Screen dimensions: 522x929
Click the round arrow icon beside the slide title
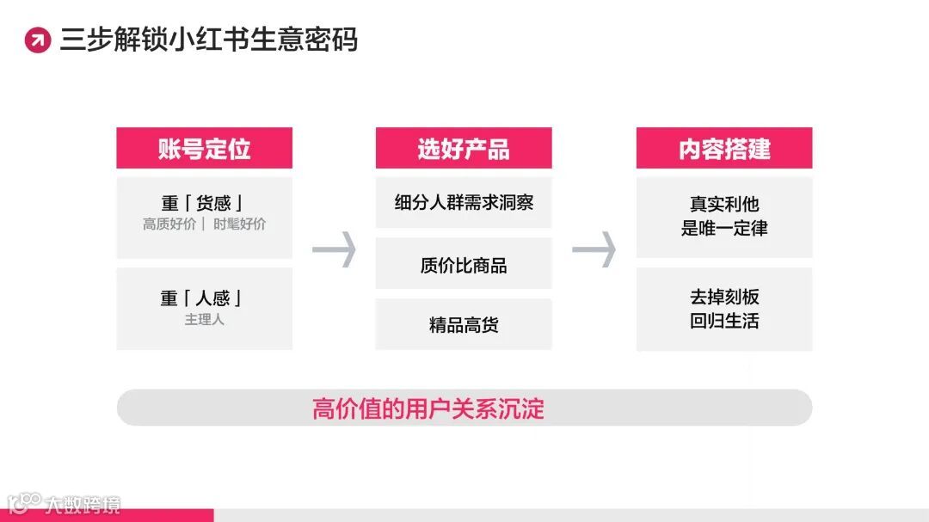[38, 40]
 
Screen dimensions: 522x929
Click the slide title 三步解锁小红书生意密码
[208, 40]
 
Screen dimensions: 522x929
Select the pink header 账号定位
[204, 149]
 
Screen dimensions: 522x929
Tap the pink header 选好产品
[464, 149]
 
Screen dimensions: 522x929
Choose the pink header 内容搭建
[724, 149]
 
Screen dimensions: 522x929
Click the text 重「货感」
[204, 204]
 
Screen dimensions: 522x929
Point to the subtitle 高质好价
[169, 224]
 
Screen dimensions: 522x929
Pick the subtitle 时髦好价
[240, 224]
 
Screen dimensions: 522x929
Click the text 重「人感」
[204, 298]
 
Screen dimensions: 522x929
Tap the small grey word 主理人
[204, 319]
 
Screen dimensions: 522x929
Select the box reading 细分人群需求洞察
[464, 203]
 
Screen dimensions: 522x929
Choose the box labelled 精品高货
[464, 325]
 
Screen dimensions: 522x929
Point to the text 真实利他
[724, 205]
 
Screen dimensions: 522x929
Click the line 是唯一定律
[724, 229]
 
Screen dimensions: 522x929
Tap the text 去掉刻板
[724, 298]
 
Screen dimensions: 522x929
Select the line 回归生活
[724, 322]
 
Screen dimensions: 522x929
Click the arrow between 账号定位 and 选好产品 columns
[334, 249]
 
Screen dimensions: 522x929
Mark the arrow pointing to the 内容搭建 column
[594, 249]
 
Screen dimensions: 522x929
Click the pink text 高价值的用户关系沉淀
[428, 408]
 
